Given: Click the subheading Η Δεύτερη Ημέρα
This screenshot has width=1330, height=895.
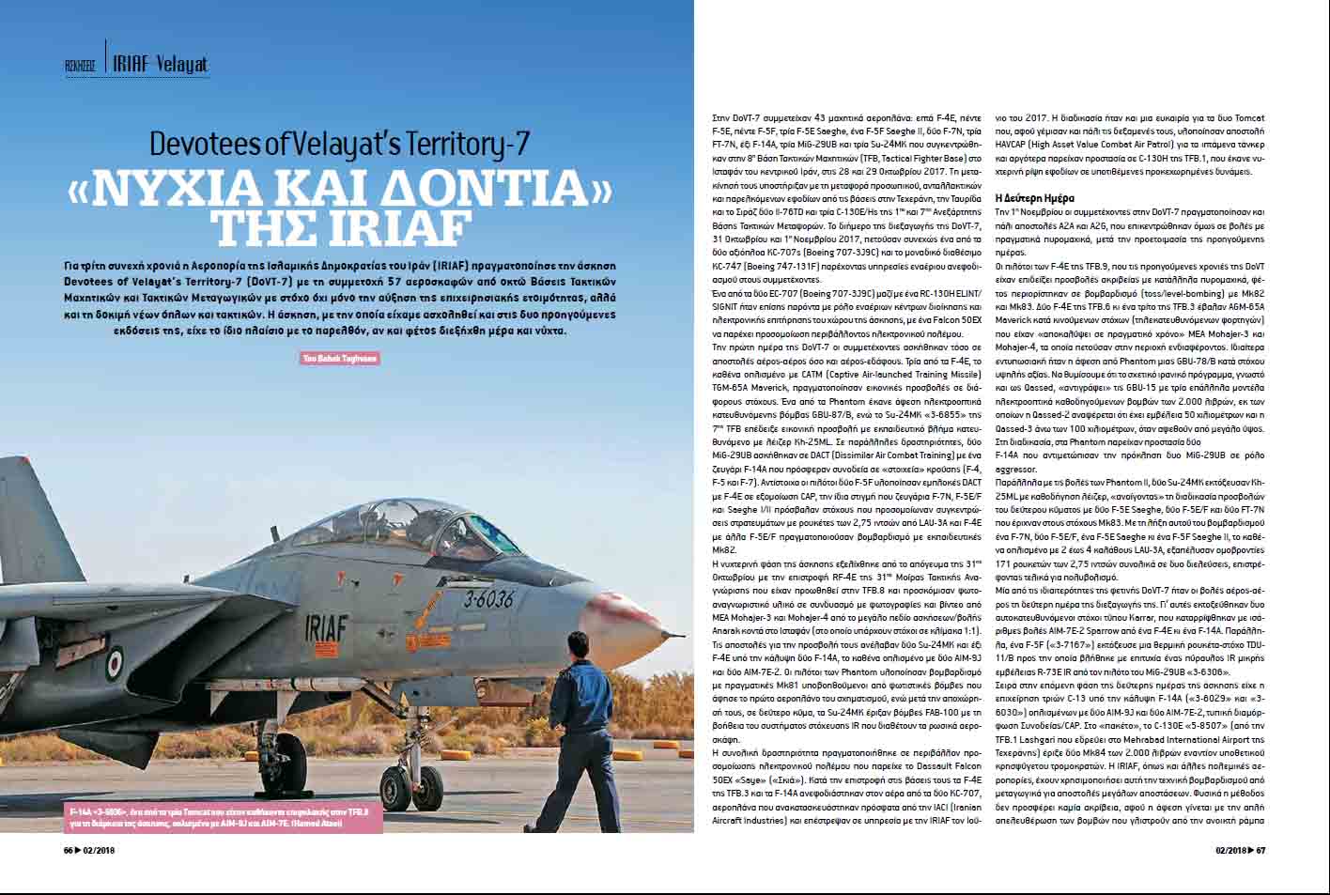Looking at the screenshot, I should [1042, 198].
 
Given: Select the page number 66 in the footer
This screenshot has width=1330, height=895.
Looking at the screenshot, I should [69, 851].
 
